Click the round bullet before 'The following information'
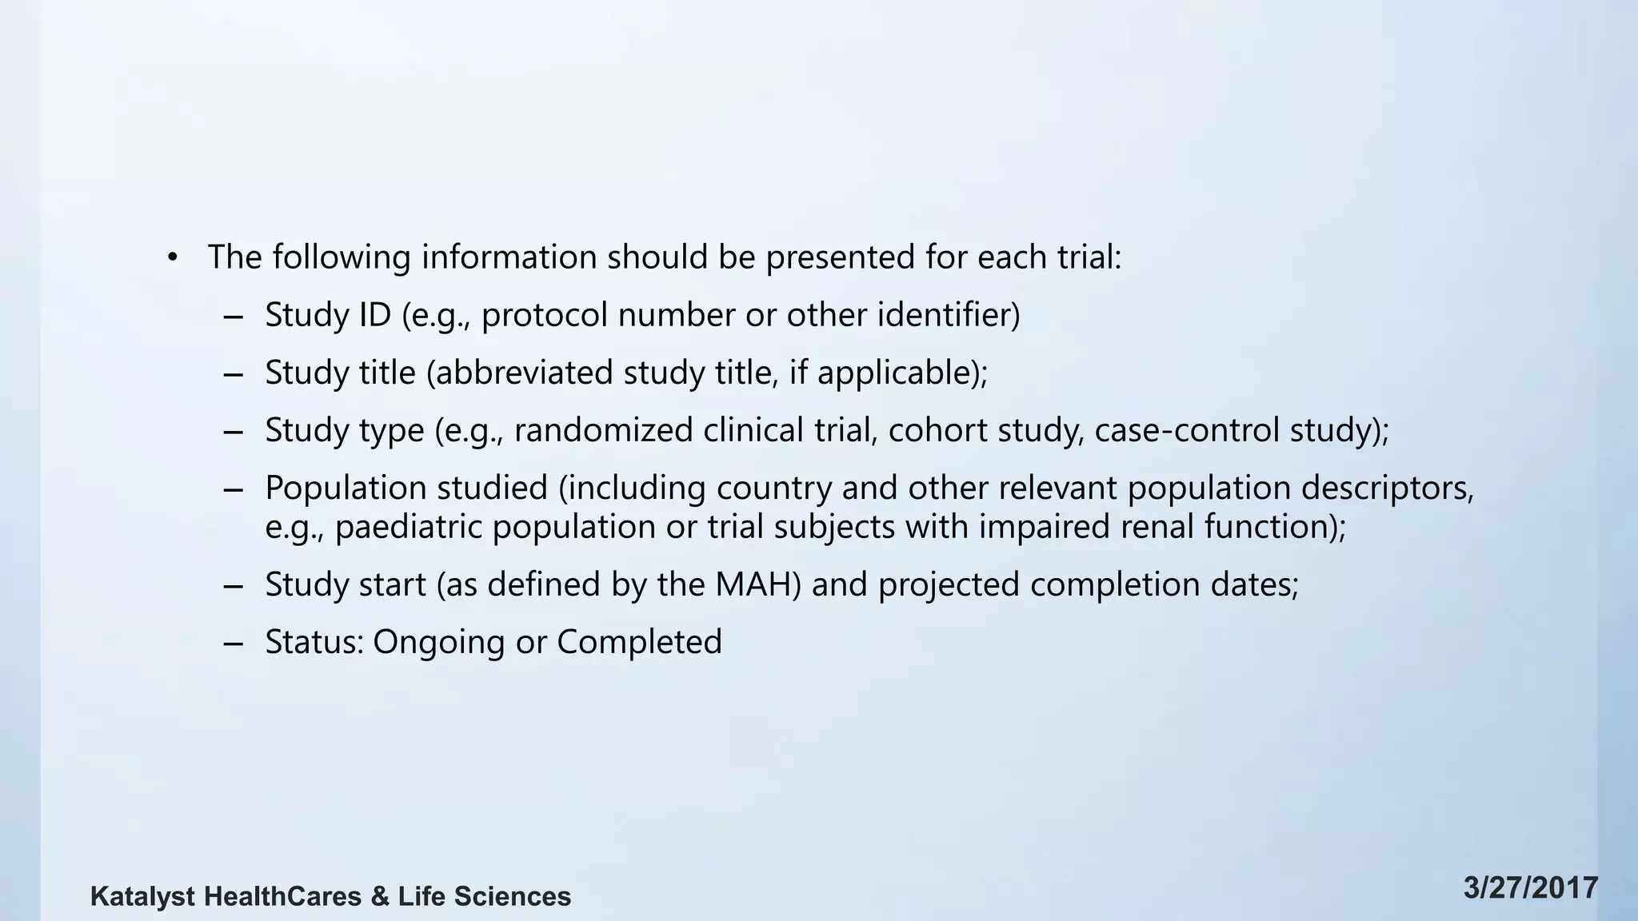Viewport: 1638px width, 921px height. (x=172, y=258)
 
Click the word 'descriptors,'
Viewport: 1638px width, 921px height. (x=1387, y=488)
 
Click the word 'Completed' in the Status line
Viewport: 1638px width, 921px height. (x=639, y=643)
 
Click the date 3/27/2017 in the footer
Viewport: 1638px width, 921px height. (x=1531, y=888)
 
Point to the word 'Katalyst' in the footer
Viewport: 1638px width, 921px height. (x=142, y=897)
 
